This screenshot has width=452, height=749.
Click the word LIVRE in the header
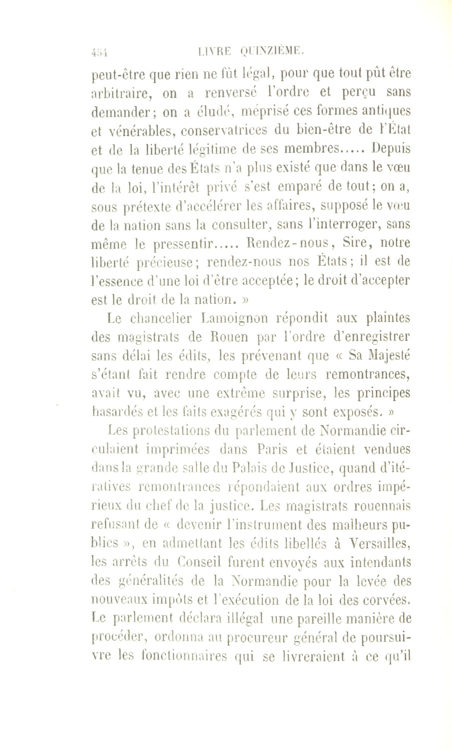[x=214, y=51]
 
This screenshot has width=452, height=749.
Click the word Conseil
[x=199, y=562]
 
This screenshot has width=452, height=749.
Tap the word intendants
[x=380, y=562]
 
